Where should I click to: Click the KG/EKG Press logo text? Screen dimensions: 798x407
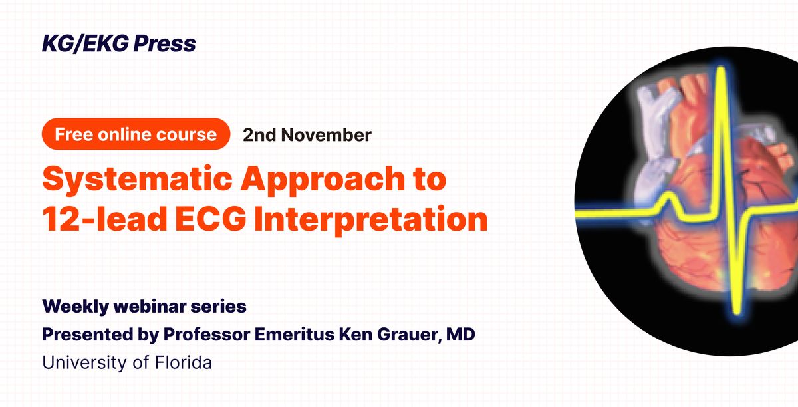[119, 44]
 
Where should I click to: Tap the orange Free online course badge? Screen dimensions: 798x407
[136, 134]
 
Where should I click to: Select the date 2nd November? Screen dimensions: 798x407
[307, 135]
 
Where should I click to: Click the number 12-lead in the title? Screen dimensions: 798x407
[104, 219]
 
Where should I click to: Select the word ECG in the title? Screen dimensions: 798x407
[211, 219]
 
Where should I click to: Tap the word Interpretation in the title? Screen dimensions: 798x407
[371, 220]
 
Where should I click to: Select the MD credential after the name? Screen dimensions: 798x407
[461, 334]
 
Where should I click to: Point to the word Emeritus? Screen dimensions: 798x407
[295, 335]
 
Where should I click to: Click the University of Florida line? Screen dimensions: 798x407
[127, 362]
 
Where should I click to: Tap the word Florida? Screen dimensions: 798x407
[184, 362]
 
